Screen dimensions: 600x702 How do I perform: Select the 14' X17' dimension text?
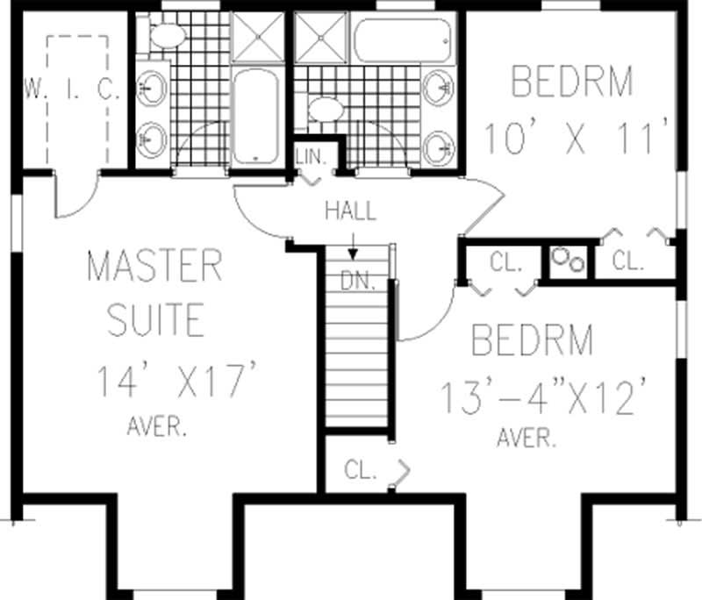[176, 383]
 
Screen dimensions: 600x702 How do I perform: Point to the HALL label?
[350, 211]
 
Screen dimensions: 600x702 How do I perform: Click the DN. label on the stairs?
[360, 282]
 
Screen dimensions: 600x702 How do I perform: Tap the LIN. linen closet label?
[311, 156]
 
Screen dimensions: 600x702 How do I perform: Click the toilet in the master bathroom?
[167, 35]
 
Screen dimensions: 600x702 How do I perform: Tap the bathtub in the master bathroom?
[255, 117]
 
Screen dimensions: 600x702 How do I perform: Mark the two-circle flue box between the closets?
[566, 261]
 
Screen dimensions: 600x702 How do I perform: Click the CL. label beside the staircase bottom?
[360, 470]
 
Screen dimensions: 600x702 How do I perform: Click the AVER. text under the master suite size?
[155, 428]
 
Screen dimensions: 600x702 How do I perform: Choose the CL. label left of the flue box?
[506, 261]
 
